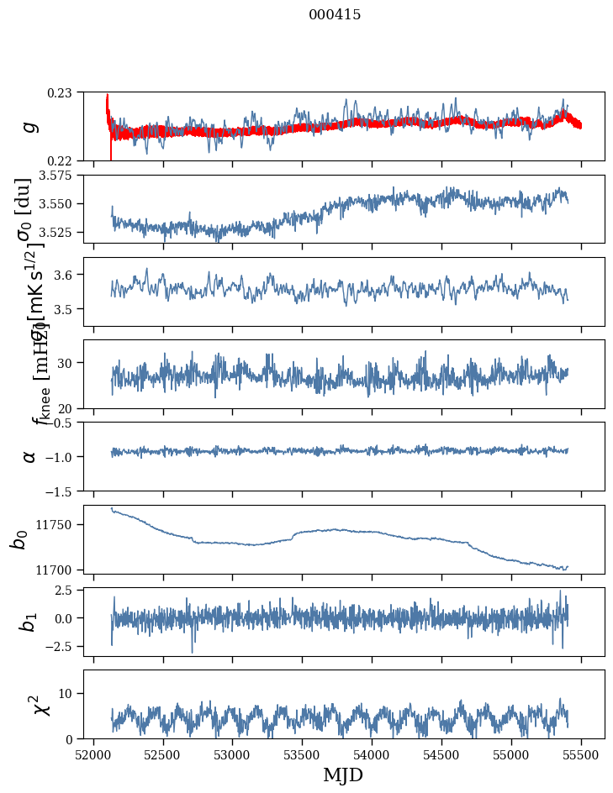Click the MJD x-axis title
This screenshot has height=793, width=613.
(x=343, y=775)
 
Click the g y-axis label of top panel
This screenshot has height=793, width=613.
(x=29, y=126)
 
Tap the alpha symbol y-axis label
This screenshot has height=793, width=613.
(x=29, y=456)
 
